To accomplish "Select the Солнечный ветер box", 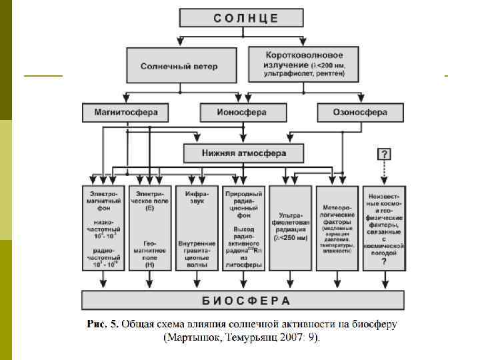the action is (x=179, y=66).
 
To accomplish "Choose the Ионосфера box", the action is (x=241, y=113).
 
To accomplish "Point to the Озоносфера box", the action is (x=360, y=113).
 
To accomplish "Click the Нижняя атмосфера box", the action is (x=244, y=153).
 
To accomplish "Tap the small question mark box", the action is (x=385, y=154).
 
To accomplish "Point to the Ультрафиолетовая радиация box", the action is (x=291, y=228).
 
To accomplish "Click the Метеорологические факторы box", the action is (x=337, y=228).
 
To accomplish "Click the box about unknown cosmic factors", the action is (x=384, y=228).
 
